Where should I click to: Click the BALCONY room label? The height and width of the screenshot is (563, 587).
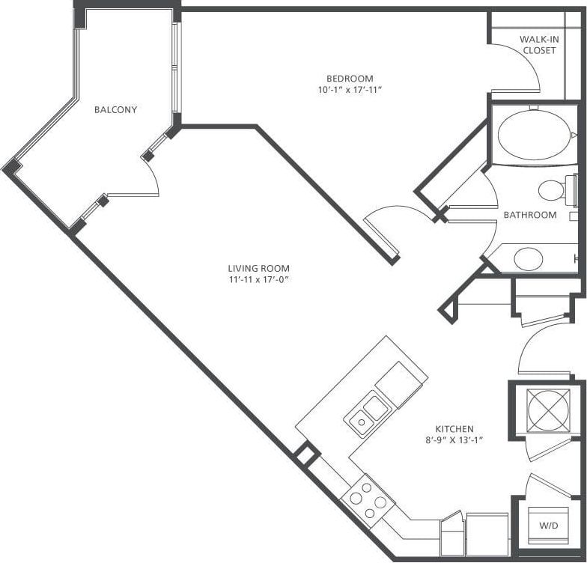click(115, 110)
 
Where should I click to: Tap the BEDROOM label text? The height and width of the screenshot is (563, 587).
click(349, 79)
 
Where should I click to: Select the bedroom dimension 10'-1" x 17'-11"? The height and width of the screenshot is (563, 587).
click(349, 91)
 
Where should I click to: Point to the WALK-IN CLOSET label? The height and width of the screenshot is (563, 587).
click(538, 45)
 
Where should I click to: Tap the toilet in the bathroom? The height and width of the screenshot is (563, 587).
click(554, 190)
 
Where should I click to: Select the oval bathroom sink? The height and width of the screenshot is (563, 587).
click(529, 258)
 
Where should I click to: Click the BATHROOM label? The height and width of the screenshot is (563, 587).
click(529, 215)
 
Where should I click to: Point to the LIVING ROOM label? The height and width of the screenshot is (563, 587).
click(258, 268)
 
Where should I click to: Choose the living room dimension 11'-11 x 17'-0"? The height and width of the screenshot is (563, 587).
click(258, 280)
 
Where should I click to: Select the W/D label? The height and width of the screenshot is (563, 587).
click(549, 526)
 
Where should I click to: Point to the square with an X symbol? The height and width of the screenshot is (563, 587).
click(549, 410)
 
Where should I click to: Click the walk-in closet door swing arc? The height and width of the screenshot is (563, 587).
click(520, 67)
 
